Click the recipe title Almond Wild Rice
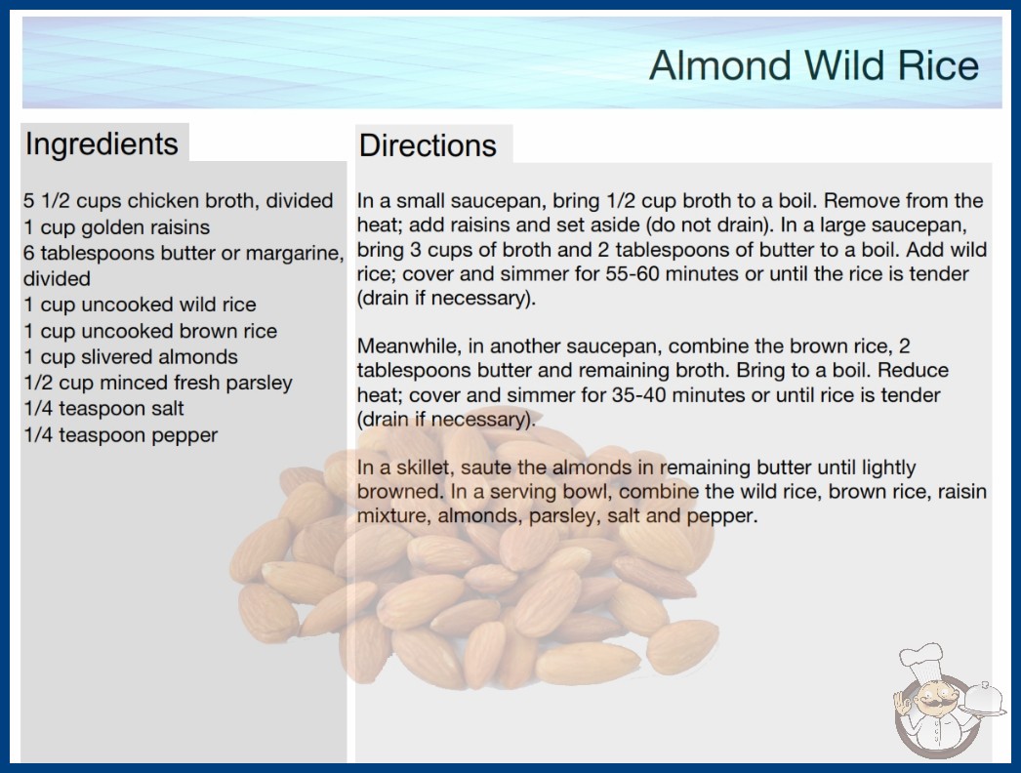tap(814, 65)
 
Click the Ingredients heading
tap(102, 144)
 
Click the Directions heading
tap(428, 145)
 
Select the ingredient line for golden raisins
tap(116, 227)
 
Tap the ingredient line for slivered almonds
tap(130, 357)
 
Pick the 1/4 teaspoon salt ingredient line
tap(103, 408)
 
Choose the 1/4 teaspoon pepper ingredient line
tap(120, 435)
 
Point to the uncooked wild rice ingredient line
tap(140, 305)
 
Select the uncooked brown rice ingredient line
tap(150, 331)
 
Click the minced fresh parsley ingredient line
tap(158, 383)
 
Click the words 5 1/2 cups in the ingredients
tap(72, 201)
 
